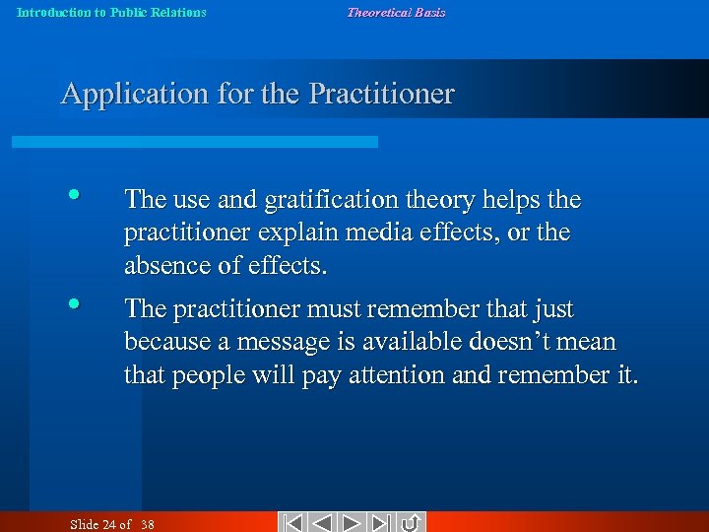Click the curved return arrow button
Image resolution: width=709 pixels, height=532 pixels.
(x=412, y=522)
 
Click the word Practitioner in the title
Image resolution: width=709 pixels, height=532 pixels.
(x=381, y=95)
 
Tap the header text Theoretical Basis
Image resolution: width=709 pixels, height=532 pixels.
(x=396, y=13)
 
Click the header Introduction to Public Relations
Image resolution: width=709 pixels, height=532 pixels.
(x=111, y=13)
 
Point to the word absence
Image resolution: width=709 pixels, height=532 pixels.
(x=162, y=266)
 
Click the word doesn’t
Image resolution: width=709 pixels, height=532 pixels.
(x=512, y=343)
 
